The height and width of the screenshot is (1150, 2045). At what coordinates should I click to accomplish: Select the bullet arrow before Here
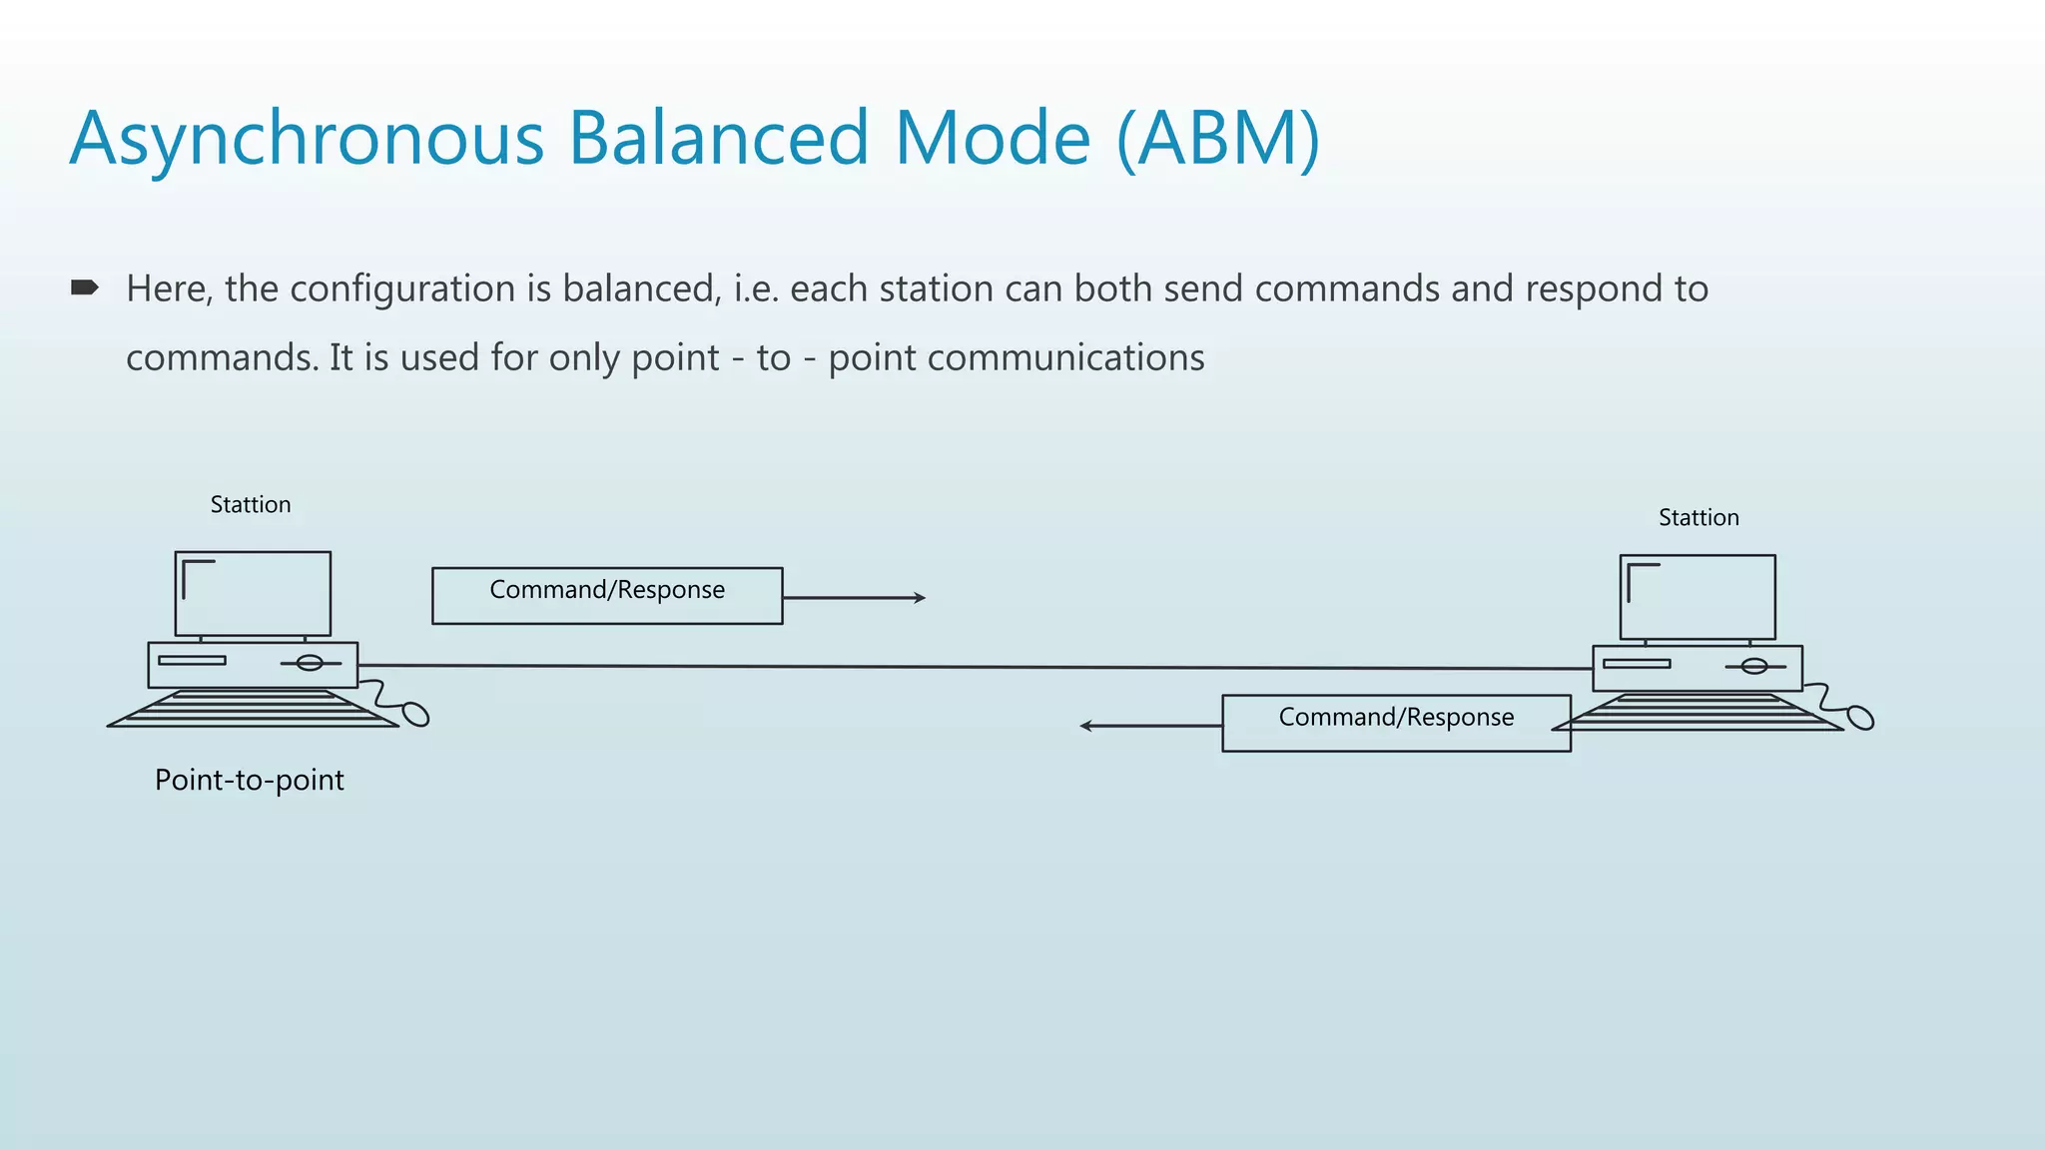85,288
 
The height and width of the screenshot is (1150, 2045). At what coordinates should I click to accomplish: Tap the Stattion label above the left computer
251,505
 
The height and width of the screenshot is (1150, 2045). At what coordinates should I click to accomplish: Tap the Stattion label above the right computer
1699,518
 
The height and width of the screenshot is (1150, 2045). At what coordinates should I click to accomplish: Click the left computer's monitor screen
254,594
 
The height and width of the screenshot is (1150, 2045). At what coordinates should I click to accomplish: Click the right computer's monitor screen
1698,597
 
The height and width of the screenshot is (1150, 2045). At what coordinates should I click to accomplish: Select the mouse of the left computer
415,715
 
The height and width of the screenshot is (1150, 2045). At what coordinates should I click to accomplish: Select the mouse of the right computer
1860,718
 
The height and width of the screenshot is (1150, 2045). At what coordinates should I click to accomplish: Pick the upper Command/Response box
607,596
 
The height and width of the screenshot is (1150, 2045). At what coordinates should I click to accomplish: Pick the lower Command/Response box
1396,723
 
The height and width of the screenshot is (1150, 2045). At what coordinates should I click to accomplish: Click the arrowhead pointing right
920,598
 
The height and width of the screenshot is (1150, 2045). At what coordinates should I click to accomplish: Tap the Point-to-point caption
250,780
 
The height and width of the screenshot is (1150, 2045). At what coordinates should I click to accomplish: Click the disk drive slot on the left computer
192,660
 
